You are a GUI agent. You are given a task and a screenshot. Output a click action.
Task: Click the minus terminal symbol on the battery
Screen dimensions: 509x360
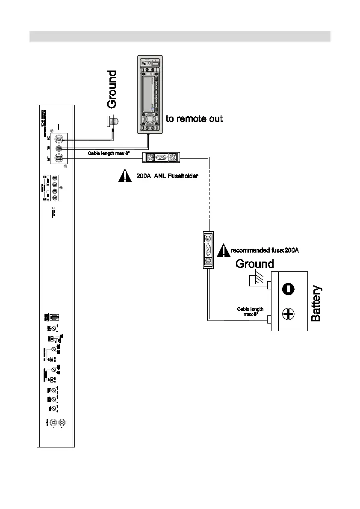(x=288, y=289)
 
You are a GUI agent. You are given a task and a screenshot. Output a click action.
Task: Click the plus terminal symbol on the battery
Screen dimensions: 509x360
(x=288, y=315)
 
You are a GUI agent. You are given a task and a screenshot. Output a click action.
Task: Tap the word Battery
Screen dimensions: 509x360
(x=316, y=304)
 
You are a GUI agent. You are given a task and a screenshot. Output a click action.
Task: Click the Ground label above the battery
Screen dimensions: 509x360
(x=254, y=264)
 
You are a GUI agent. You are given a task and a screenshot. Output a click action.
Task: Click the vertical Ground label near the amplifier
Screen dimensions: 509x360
(x=112, y=89)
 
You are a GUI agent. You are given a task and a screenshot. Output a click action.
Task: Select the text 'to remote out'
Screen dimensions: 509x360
(x=194, y=119)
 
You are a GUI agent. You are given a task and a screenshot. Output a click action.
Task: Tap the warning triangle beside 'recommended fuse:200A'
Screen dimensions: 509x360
(x=223, y=250)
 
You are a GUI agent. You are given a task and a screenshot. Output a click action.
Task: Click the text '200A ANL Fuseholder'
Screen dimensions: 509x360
(x=170, y=176)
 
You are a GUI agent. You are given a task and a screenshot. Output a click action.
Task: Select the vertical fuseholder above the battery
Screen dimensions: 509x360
(x=208, y=250)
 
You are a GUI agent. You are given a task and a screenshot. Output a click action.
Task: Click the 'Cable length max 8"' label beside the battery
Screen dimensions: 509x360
(x=250, y=312)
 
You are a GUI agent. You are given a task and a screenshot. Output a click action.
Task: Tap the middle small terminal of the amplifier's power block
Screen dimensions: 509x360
(x=59, y=148)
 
